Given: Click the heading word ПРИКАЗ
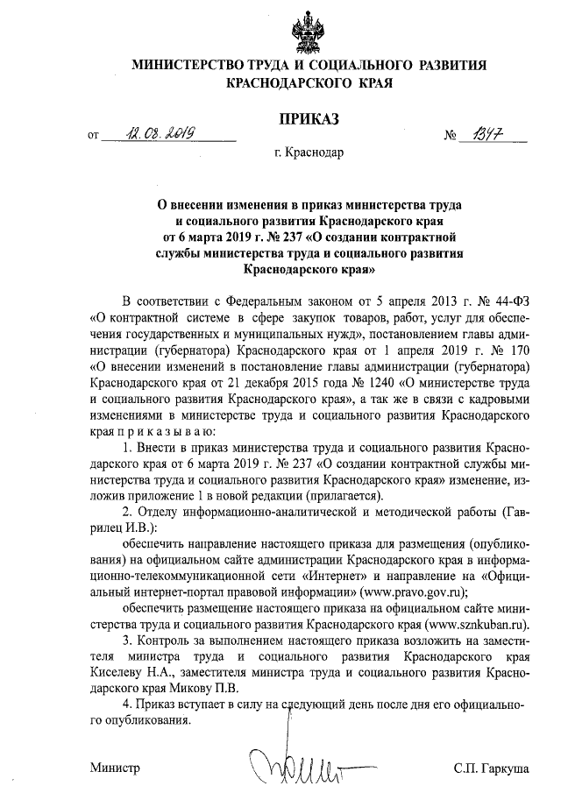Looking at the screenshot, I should pos(309,118).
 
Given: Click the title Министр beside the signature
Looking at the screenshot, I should pos(115,768).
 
